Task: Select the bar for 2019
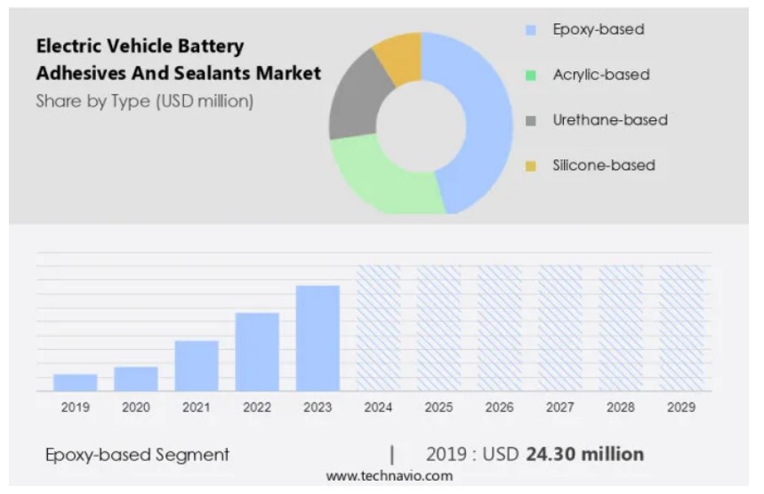[x=76, y=382]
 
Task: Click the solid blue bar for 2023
[x=318, y=338]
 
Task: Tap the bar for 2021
[x=197, y=366]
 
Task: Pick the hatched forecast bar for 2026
[x=499, y=328]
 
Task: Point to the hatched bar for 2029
[x=680, y=328]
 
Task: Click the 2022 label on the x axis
[x=257, y=408]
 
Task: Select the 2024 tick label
[x=378, y=408]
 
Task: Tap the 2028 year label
[x=620, y=408]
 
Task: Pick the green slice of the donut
[x=382, y=178]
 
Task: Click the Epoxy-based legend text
[x=598, y=29]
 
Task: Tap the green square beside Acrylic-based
[x=531, y=76]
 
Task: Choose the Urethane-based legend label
[x=609, y=120]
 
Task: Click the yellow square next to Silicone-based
[x=531, y=166]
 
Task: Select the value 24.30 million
[x=584, y=455]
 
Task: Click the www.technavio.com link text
[x=389, y=476]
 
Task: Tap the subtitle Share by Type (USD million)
[x=145, y=101]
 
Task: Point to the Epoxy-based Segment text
[x=137, y=455]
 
